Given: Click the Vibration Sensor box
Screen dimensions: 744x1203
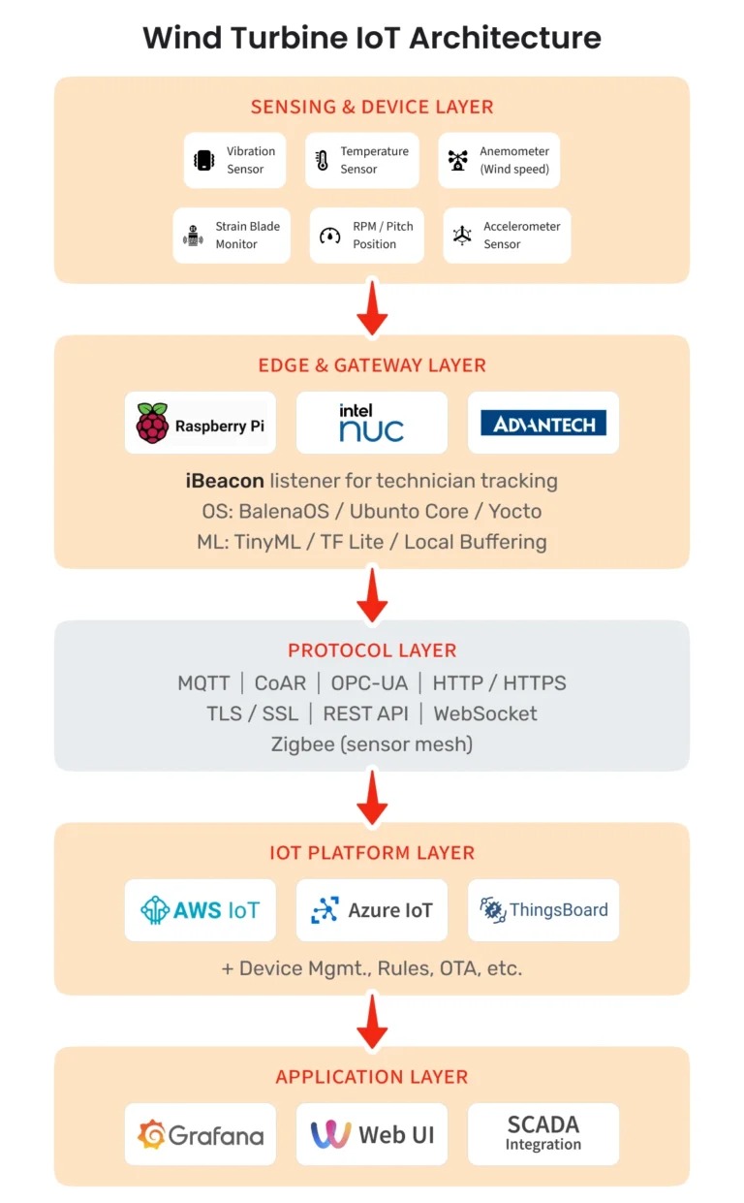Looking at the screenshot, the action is (234, 160).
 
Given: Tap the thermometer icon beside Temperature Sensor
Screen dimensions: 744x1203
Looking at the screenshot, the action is (322, 160).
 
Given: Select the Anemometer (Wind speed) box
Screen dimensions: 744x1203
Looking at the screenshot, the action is (499, 160).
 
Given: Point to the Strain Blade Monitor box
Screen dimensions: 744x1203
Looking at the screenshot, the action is (232, 236).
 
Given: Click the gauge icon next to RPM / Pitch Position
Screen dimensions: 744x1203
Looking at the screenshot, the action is (329, 236).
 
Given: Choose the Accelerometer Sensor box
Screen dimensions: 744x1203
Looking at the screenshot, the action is (507, 236).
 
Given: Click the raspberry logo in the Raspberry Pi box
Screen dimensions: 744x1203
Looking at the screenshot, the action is (152, 424).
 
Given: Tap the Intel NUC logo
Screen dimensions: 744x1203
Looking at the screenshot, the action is (371, 424).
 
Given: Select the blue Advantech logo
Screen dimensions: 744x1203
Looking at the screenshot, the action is (543, 423).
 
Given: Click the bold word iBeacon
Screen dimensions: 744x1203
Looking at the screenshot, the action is (225, 481).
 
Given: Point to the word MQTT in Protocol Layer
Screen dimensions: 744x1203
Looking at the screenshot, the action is (203, 683).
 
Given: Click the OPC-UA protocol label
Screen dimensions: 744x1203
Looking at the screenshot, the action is (369, 683).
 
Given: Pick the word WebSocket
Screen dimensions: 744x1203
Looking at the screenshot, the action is (485, 713).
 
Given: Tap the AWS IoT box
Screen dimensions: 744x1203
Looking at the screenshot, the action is (201, 910).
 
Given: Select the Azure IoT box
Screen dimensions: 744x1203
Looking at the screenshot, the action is (371, 910).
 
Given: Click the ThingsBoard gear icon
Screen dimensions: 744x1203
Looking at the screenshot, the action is (493, 910).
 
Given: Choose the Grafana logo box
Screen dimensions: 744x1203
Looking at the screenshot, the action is (201, 1134).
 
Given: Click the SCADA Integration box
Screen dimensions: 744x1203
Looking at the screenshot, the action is (543, 1134).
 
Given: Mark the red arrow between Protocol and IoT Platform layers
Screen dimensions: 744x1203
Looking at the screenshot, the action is (372, 797).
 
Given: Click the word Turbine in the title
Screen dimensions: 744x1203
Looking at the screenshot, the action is (289, 38).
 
